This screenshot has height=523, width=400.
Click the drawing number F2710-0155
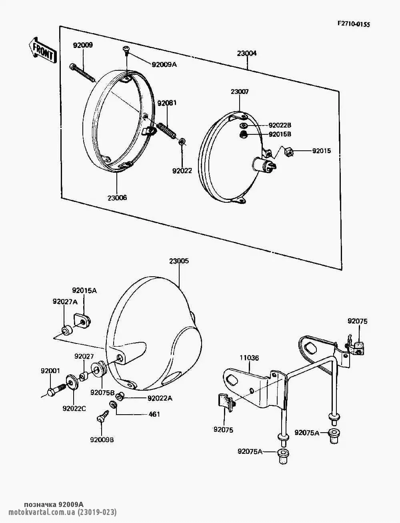coord(354,24)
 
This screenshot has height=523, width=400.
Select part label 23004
coord(247,53)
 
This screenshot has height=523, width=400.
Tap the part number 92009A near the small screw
coord(164,64)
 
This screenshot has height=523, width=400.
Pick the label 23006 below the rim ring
coord(117,198)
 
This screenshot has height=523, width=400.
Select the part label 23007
coord(240,92)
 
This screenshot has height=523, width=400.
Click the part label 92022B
coord(280,126)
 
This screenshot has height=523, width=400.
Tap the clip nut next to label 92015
coord(288,152)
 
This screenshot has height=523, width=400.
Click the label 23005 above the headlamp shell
coord(179,261)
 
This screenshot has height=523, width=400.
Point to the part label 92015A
coord(84,291)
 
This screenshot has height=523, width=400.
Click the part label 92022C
coord(74,408)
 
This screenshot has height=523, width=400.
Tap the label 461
coord(154,414)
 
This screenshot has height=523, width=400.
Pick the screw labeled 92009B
coord(102,420)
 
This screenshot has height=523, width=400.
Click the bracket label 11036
coord(249,358)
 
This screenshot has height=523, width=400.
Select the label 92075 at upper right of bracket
coord(357,321)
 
